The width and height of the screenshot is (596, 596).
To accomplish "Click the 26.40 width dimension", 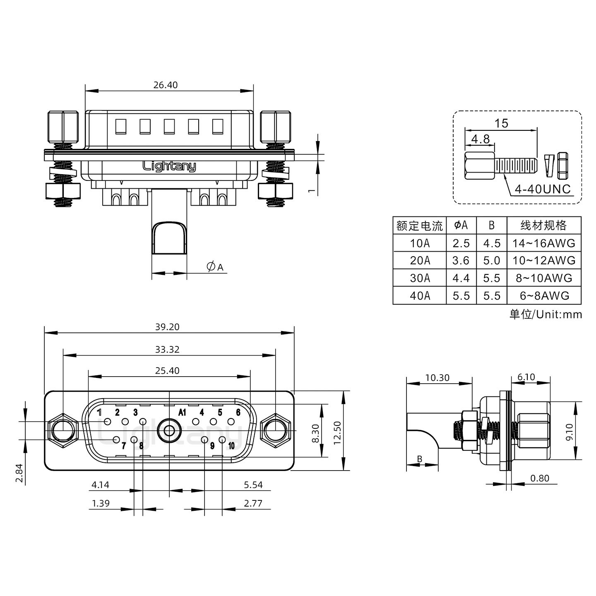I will (x=165, y=85).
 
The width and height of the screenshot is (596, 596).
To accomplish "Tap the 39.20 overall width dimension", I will (x=167, y=327).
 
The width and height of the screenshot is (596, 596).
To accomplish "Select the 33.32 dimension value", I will (x=167, y=349).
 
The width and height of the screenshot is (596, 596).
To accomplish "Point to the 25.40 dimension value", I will (x=167, y=370).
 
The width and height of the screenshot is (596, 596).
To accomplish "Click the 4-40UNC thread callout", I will (x=543, y=190).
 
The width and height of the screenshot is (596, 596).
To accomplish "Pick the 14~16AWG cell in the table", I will (x=544, y=243).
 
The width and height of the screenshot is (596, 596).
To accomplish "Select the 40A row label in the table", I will (x=420, y=296).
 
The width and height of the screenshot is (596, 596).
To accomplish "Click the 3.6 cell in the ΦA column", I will (x=461, y=261).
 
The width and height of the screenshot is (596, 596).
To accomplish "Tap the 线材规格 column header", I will (x=543, y=226).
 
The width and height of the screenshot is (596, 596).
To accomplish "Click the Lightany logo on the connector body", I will (x=169, y=166).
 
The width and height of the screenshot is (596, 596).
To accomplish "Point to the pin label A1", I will (x=182, y=412).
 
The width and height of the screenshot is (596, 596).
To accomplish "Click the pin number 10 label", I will (x=231, y=446).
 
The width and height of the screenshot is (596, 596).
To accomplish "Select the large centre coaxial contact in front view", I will (x=169, y=431).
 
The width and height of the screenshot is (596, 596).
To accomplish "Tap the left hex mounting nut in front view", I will (x=62, y=431).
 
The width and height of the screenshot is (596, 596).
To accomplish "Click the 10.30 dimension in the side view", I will (x=437, y=377).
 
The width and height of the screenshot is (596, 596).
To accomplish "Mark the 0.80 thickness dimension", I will (x=540, y=478).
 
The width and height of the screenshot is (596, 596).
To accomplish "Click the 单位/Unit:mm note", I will (x=545, y=315).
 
